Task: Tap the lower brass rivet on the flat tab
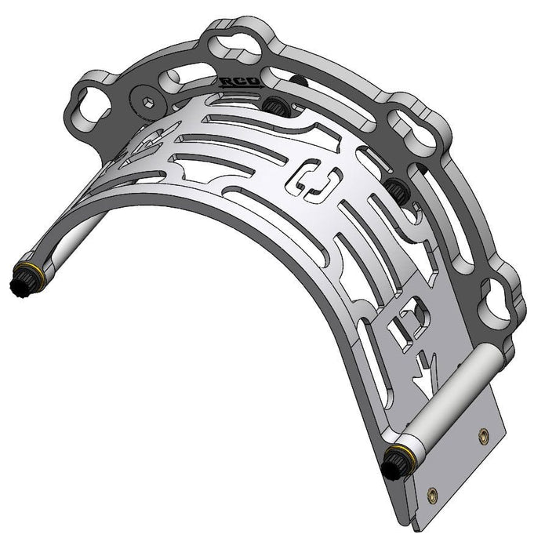431,494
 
